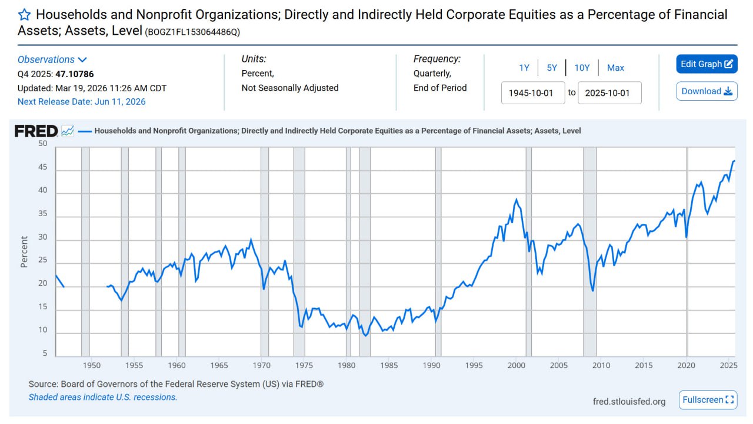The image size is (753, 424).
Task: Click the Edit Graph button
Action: click(707, 64)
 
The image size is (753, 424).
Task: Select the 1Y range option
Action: click(524, 68)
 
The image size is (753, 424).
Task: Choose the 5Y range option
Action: click(552, 68)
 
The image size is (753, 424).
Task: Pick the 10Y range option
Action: click(582, 68)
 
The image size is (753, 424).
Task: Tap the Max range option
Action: click(615, 68)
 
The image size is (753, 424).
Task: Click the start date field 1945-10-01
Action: click(532, 93)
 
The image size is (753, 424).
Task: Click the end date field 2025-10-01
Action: click(609, 93)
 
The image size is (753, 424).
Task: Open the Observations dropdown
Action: click(52, 59)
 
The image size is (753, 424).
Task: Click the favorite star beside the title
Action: click(24, 15)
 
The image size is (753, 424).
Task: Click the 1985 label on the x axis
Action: click(389, 365)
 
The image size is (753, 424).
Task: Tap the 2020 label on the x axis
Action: click(687, 365)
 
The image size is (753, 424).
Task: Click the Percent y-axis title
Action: click(24, 252)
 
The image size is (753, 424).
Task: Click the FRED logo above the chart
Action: click(36, 131)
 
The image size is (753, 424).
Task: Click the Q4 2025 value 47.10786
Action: click(75, 74)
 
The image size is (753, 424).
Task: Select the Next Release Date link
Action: click(81, 101)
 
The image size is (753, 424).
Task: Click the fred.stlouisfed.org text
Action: click(629, 402)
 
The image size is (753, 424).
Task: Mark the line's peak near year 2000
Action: click(516, 200)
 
